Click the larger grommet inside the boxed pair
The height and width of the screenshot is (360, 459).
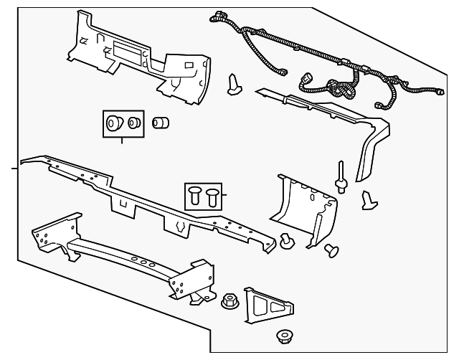(113, 125)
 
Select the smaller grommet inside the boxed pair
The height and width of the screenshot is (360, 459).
(133, 125)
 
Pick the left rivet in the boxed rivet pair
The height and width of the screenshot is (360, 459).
(195, 194)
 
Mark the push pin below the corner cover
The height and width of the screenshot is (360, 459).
(332, 250)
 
